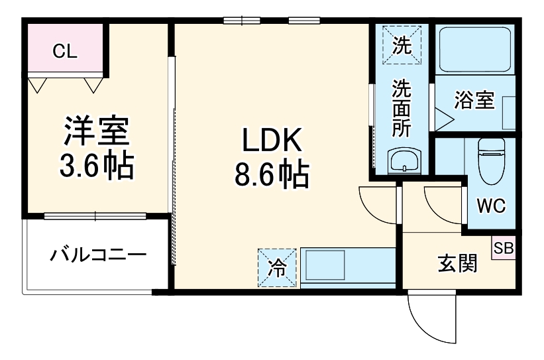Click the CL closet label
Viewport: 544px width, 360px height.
coord(64,52)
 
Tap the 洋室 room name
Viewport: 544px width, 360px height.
coord(96,133)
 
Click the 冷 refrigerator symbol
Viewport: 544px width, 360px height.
coord(277,268)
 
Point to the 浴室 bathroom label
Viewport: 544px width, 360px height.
coord(474,101)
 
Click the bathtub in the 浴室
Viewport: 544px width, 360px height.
coord(474,50)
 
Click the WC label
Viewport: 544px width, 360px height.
coord(491,206)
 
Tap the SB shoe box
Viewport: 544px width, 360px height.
coord(503,248)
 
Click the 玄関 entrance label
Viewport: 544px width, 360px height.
coord(457,264)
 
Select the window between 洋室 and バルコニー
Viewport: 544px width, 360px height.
coord(95,215)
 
